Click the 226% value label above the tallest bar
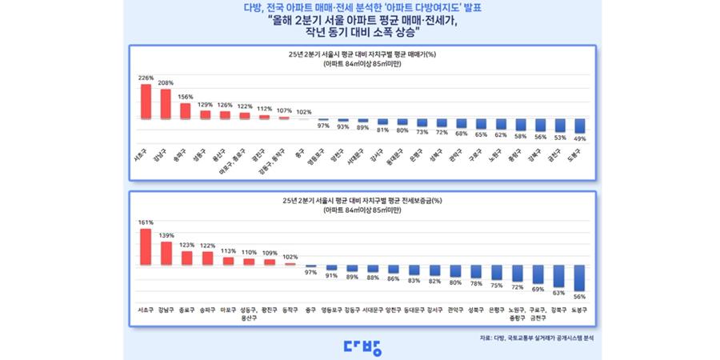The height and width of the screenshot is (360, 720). [x=146, y=78]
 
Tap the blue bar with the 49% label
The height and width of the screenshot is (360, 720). [x=580, y=126]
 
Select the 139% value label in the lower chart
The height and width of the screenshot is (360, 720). [x=166, y=236]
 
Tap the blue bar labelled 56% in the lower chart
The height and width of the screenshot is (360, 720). [x=580, y=278]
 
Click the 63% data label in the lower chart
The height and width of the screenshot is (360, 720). [x=558, y=293]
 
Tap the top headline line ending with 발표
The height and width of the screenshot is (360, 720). [x=362, y=8]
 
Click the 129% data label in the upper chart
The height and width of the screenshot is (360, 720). [x=205, y=105]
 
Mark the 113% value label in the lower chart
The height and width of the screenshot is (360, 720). [x=228, y=251]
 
